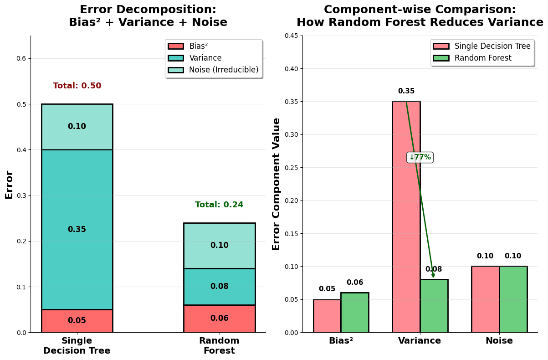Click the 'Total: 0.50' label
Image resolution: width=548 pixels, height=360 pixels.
point(77,86)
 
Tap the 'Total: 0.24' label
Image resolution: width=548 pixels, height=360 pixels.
point(219,205)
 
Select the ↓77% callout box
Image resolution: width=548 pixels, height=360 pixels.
point(420,157)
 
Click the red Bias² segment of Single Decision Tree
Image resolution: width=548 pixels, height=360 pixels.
point(77,321)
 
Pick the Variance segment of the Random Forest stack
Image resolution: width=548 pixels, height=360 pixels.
point(219,287)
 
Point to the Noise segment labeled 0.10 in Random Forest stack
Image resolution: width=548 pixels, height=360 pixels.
point(219,246)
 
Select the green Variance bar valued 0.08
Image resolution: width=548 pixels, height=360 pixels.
point(434,306)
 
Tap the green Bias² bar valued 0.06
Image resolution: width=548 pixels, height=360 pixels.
point(355,313)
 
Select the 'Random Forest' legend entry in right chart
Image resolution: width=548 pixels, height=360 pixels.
point(482,58)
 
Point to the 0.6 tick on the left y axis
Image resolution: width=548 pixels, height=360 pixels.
point(22,58)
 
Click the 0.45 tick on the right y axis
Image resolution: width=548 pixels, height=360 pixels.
point(291,36)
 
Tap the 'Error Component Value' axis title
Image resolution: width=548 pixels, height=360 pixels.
point(277,184)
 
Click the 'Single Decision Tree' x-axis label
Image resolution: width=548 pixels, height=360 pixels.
point(77,346)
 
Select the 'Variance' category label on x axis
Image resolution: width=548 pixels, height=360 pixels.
point(420,341)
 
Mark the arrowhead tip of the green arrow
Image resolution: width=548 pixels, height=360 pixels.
point(433,278)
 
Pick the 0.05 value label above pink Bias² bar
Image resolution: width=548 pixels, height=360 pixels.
point(327,289)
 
